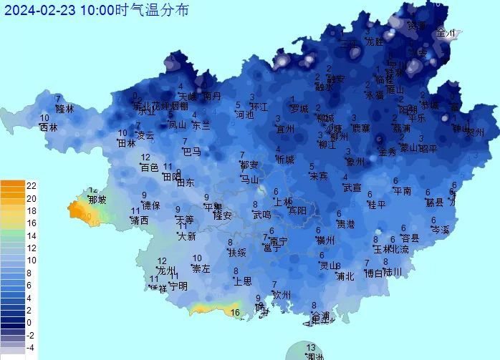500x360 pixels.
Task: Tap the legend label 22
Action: pos(32,185)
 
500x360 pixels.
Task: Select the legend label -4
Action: pos(32,348)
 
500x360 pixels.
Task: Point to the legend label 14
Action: pos(32,235)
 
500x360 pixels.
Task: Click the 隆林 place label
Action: pos(64,109)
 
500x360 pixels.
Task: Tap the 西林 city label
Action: pos(48,127)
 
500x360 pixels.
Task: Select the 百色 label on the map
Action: pos(149,167)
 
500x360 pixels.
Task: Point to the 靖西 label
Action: pos(140,220)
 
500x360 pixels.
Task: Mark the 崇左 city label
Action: pos(201,268)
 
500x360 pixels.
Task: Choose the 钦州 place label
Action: pos(282,295)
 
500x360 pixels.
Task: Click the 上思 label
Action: pos(243,281)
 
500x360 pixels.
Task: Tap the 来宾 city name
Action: pos(319,176)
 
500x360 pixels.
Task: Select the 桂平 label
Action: pos(376,205)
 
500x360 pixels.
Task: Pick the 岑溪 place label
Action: pos(440,230)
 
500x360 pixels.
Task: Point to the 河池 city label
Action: pos(244,115)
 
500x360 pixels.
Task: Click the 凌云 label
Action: pos(145,135)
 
